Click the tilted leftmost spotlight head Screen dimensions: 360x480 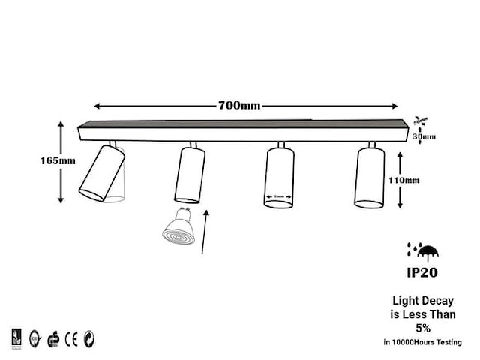[x=102, y=172]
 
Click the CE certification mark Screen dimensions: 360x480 [x=71, y=338]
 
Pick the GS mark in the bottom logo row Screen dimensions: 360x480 [x=52, y=338]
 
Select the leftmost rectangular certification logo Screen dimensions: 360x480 [x=16, y=338]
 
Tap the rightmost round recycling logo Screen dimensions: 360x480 [x=89, y=338]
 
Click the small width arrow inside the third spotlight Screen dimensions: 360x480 [x=279, y=199]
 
